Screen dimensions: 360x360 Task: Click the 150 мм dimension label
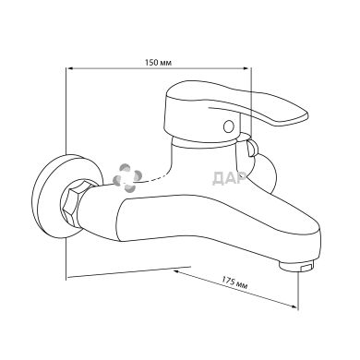point(159,63)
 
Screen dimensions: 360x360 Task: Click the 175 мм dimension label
point(234,283)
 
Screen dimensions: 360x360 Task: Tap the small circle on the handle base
point(229,126)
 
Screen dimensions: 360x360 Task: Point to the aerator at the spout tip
point(297,265)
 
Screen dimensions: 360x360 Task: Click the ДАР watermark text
point(229,178)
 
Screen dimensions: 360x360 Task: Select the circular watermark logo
point(127,177)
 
